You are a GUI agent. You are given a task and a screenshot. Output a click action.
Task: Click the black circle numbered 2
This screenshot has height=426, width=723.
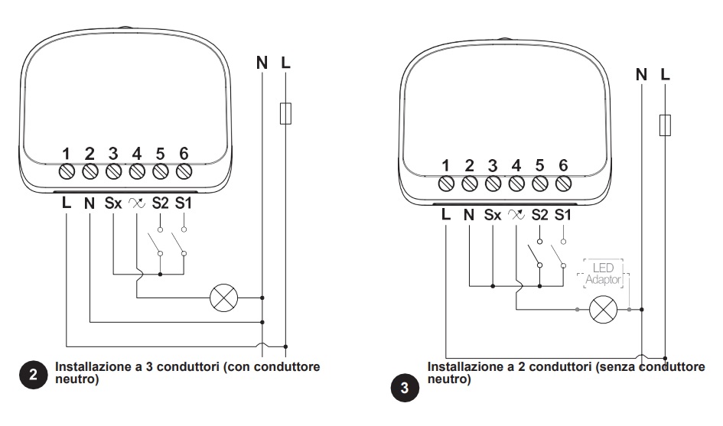(x=33, y=374)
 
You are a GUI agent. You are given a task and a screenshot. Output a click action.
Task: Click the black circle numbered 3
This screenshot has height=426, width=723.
(x=405, y=387)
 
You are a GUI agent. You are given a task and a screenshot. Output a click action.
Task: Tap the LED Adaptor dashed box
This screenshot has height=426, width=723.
(x=603, y=274)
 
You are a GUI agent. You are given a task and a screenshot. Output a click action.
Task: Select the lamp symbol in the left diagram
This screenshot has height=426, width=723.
(x=223, y=298)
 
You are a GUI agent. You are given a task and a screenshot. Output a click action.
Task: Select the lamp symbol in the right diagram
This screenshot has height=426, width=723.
(x=603, y=309)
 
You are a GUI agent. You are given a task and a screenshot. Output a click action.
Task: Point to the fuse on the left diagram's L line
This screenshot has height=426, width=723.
(x=285, y=113)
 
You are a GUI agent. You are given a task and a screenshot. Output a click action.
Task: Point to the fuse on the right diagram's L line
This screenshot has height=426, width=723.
(x=665, y=125)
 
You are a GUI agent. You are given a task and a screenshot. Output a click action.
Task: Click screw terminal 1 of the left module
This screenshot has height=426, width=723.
(x=67, y=171)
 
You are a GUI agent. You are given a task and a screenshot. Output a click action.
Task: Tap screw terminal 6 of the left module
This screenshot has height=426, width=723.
(x=184, y=171)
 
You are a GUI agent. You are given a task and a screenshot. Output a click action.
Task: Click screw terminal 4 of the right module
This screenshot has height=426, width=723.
(x=516, y=184)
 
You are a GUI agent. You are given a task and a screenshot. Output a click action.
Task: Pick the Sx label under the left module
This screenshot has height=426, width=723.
(x=113, y=203)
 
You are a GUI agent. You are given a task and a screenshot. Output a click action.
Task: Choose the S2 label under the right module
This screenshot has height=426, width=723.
(x=539, y=215)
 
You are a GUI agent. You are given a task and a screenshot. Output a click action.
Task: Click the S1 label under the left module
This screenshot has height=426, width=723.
(x=183, y=203)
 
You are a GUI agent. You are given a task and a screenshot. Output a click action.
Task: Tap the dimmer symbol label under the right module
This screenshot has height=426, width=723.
(x=516, y=215)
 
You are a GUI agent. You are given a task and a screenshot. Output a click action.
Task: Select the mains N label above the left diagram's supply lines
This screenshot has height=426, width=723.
(x=262, y=63)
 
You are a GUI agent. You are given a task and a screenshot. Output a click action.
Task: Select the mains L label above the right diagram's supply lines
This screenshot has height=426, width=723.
(x=665, y=74)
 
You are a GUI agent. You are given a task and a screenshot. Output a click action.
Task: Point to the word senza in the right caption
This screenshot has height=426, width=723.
(x=617, y=367)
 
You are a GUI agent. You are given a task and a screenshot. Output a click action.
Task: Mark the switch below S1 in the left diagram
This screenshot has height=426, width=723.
(x=179, y=242)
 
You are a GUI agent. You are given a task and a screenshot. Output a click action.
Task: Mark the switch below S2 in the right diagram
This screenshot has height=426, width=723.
(x=536, y=253)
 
